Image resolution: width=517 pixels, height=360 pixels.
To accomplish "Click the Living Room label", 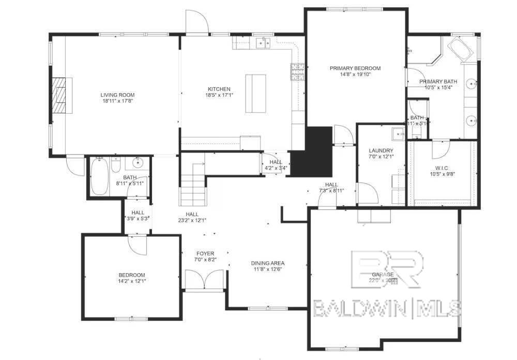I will click(x=117, y=95).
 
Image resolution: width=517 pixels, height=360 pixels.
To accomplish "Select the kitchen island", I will click(x=255, y=93).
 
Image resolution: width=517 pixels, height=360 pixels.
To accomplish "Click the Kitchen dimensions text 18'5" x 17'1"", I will click(x=218, y=96).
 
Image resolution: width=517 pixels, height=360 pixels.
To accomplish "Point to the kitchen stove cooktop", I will click(x=297, y=72).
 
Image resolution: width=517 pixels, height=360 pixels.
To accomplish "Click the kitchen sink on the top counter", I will click(x=264, y=43).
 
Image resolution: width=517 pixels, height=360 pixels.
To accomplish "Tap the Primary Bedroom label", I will click(x=355, y=68).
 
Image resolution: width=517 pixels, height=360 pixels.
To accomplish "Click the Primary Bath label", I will click(x=438, y=82).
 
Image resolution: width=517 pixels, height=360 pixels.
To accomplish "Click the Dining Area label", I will click(x=268, y=263).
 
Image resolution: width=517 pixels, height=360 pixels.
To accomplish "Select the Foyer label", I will click(x=205, y=253).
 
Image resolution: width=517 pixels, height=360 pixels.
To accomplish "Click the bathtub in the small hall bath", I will click(x=100, y=177).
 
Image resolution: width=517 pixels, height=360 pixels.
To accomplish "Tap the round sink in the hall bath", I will click(x=138, y=164).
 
